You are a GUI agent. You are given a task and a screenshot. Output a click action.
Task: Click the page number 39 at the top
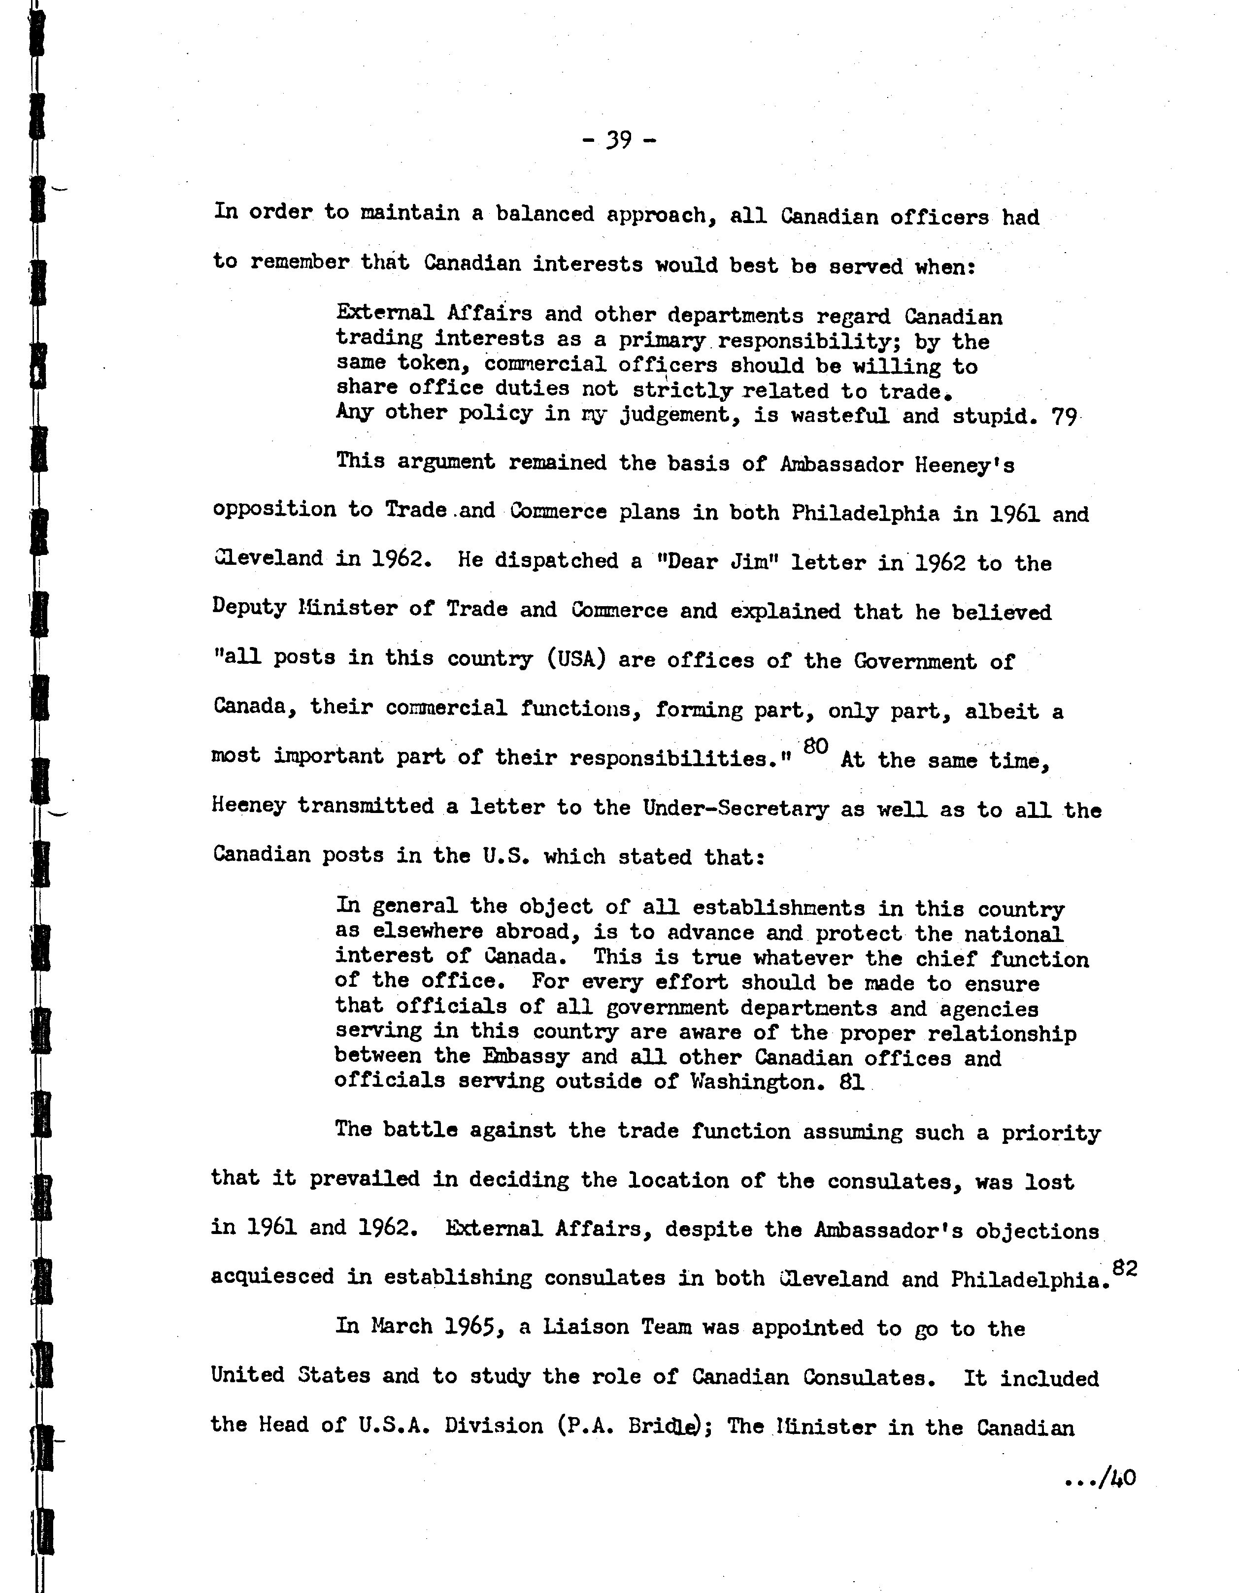620,139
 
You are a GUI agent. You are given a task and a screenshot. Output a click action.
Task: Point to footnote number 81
852,1082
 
